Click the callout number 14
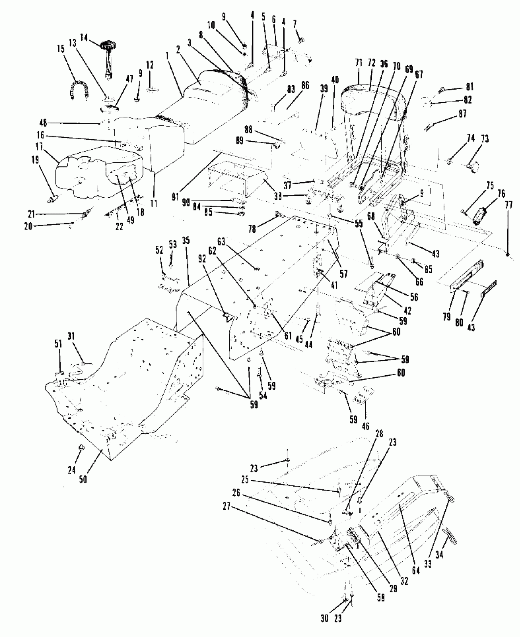coord(84,38)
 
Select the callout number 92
coord(202,259)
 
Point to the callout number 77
coord(508,205)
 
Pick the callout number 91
coord(175,197)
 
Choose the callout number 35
coord(186,241)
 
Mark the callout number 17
coord(39,147)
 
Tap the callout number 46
coord(366,426)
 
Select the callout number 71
coord(359,63)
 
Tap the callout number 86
coord(305,86)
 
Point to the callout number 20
coord(28,227)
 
